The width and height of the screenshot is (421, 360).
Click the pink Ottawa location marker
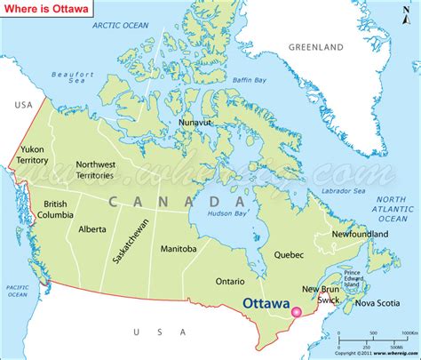(297, 312)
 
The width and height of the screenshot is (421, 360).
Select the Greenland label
(315, 45)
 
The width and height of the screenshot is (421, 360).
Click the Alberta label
(91, 228)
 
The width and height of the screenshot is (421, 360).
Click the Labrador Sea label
(345, 190)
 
